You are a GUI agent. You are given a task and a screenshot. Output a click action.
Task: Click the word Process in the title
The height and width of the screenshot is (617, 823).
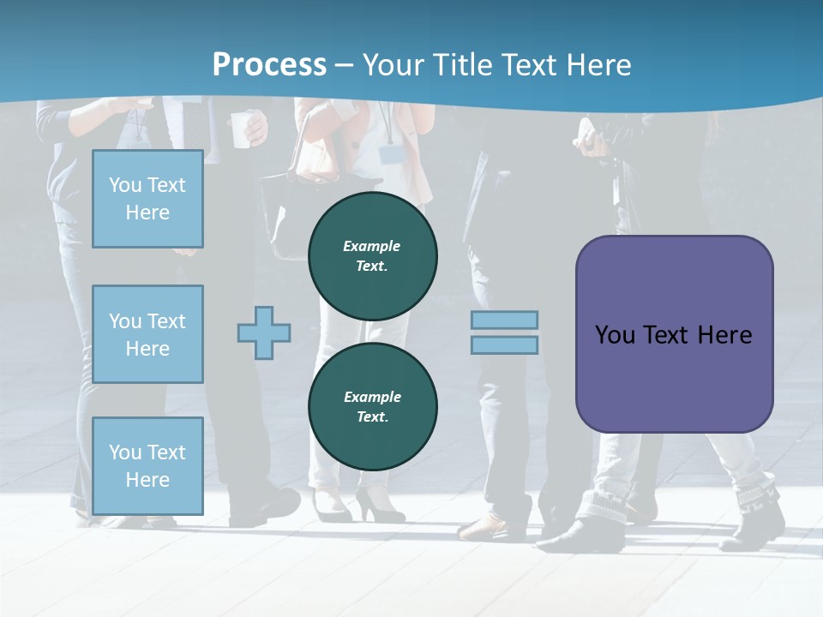point(269,65)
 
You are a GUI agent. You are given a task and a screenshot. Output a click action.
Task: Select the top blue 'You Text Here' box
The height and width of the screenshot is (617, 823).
point(147,199)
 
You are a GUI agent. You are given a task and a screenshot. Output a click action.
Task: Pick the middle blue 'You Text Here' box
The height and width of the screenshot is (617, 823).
point(147,334)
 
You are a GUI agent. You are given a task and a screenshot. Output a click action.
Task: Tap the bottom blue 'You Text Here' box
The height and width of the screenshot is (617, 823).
point(147,466)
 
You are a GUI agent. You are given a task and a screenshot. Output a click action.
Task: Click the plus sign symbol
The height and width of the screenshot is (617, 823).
point(264,332)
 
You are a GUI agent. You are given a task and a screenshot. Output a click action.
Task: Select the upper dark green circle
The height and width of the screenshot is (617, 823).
point(373,256)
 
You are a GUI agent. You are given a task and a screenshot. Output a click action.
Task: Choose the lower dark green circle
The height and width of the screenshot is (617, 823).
point(373,406)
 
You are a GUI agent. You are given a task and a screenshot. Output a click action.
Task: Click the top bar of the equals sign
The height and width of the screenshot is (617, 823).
point(505,320)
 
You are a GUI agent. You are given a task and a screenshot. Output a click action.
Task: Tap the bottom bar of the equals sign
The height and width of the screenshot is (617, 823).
point(505,344)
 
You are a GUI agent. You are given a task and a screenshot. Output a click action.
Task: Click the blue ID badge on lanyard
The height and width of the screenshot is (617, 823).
point(391,153)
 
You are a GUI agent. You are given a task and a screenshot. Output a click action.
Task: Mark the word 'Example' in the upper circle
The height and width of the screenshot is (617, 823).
point(372,246)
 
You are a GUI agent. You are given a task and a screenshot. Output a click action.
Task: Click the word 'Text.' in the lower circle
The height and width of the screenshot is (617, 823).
point(373,417)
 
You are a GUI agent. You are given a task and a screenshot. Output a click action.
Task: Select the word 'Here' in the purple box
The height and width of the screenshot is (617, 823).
point(724,334)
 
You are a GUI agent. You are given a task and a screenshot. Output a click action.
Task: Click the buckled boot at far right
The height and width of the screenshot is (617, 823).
point(759,514)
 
